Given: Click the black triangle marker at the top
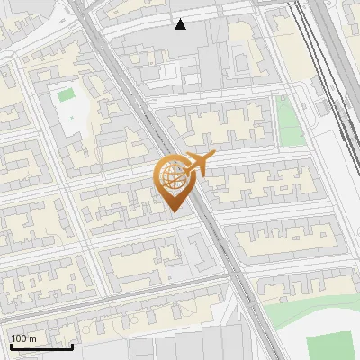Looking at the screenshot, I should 181,24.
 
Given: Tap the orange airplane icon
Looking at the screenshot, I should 198,164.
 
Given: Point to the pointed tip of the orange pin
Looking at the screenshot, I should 172,211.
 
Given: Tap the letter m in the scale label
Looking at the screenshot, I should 33,337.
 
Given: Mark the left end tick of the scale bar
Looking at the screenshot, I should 11,346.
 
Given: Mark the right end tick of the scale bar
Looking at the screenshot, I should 72,346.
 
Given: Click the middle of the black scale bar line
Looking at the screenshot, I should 41,347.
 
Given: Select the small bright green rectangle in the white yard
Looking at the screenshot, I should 65,94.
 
